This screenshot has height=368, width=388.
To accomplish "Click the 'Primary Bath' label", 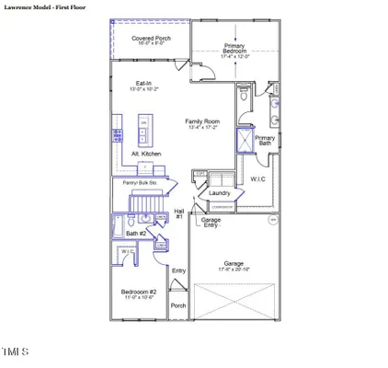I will tap(265, 141).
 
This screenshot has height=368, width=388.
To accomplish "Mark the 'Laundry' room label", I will tap(219, 193).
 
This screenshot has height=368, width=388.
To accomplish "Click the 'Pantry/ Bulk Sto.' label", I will tap(141, 182).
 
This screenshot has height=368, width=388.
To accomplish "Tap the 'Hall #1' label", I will tap(179, 213).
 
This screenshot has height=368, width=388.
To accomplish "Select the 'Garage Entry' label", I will tap(211, 223).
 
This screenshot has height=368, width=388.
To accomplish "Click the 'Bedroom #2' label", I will tap(139, 293).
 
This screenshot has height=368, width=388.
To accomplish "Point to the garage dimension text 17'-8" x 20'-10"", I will tap(234, 270).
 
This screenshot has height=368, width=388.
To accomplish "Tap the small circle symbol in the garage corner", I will tap(271, 221).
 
